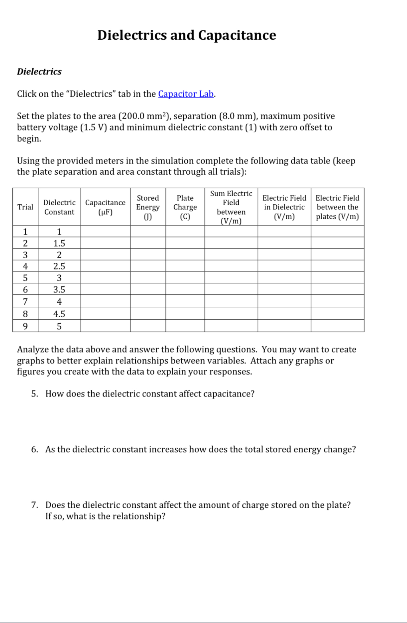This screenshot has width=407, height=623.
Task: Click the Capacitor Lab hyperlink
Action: pos(186,94)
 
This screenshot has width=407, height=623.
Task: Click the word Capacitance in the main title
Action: pos(237,35)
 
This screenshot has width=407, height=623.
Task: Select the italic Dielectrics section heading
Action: pos(39,72)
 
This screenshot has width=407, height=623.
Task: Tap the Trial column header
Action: pos(25,207)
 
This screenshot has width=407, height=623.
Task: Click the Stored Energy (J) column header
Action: pos(148,207)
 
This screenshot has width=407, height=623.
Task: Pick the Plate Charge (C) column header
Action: pos(185,207)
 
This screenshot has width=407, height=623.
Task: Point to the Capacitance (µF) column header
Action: pos(105,207)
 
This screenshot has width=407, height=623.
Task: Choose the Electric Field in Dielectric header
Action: pos(284,207)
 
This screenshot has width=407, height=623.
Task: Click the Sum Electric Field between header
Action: pos(231,207)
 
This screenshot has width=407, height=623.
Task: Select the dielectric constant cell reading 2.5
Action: pos(59,266)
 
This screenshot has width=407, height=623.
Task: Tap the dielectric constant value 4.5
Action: pos(59,314)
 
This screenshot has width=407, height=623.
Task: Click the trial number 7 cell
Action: pos(25,301)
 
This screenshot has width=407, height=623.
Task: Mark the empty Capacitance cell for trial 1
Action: pos(105,231)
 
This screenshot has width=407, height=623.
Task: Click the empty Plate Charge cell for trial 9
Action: pos(185,326)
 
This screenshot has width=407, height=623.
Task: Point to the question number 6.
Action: pos(35,449)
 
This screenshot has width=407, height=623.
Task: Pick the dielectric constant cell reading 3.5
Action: pos(59,289)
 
